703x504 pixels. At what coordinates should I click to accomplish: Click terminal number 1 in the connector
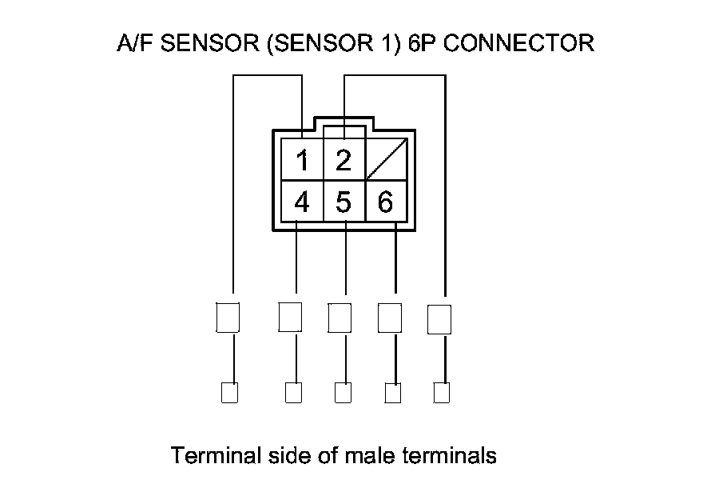[x=302, y=161]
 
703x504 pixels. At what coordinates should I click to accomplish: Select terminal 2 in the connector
[x=344, y=161]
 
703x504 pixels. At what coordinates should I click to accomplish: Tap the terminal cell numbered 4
[x=302, y=202]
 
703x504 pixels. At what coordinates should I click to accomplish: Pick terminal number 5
[x=344, y=202]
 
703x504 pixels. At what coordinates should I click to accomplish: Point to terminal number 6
[x=385, y=202]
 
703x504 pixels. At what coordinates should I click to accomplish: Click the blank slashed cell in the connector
[x=387, y=159]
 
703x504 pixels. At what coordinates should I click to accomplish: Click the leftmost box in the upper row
[x=228, y=318]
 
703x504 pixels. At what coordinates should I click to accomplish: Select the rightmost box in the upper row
[x=439, y=318]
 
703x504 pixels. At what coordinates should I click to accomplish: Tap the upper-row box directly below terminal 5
[x=340, y=318]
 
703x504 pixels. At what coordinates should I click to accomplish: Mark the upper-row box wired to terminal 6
[x=389, y=318]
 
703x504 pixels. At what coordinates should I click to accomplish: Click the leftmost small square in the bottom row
[x=229, y=393]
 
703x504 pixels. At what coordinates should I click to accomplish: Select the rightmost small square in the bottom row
[x=441, y=393]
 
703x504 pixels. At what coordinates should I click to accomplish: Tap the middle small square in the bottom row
[x=343, y=393]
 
